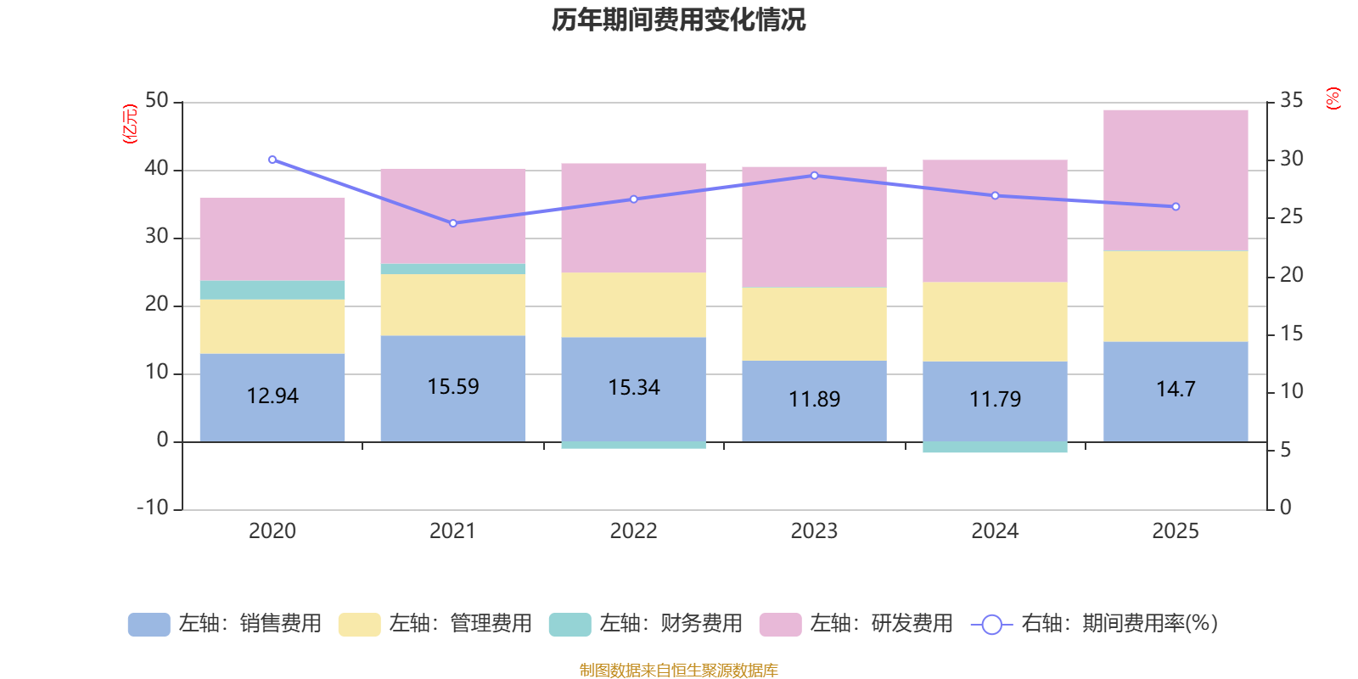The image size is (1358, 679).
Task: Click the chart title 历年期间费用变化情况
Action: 678,20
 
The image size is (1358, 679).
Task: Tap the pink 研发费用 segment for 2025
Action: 1176,180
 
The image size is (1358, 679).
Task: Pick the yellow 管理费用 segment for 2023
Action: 814,324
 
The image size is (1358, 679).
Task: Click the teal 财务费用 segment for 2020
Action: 272,290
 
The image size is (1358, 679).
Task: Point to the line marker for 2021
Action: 453,223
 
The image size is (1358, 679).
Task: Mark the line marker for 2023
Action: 814,176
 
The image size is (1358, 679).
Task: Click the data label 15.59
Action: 453,387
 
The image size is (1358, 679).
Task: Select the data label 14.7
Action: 1176,390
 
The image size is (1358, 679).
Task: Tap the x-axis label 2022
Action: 633,531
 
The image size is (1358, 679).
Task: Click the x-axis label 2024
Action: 995,531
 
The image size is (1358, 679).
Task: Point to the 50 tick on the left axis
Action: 157,101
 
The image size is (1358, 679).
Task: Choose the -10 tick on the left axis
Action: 153,508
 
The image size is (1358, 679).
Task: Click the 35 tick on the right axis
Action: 1291,101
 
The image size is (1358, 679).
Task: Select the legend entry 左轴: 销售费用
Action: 225,624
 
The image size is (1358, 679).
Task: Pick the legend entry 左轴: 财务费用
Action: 646,624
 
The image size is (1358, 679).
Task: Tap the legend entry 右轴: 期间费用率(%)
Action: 1095,624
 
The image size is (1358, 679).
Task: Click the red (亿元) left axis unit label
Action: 130,124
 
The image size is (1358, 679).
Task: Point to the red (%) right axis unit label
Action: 1333,98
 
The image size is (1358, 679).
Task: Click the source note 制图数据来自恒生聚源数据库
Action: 678,671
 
